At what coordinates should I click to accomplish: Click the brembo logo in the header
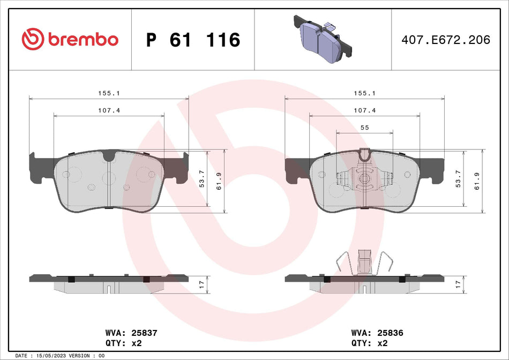pyautogui.click(x=70, y=39)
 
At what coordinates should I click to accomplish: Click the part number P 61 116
pyautogui.click(x=193, y=40)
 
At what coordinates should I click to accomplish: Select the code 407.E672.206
pyautogui.click(x=445, y=40)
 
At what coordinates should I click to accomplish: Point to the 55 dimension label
pyautogui.click(x=364, y=127)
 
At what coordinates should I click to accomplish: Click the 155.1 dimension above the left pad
pyautogui.click(x=109, y=93)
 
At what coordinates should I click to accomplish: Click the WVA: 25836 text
pyautogui.click(x=377, y=333)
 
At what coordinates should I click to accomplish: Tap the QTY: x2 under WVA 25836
pyautogui.click(x=369, y=342)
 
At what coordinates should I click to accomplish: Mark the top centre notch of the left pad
pyautogui.click(x=109, y=156)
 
